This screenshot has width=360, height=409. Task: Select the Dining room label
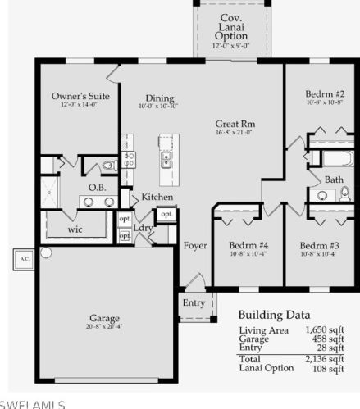[160, 98]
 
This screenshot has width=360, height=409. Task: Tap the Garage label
[105, 317]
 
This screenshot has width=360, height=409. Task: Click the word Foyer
[194, 245]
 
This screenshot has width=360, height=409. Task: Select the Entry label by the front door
[194, 302]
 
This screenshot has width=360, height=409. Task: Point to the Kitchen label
[157, 198]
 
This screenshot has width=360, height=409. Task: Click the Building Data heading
[274, 314]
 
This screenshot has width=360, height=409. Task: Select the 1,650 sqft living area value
[325, 329]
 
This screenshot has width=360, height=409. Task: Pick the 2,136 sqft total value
[325, 358]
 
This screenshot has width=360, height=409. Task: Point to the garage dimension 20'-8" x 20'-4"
[105, 326]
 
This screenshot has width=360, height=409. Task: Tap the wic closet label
[75, 229]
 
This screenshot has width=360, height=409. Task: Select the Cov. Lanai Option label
[230, 28]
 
